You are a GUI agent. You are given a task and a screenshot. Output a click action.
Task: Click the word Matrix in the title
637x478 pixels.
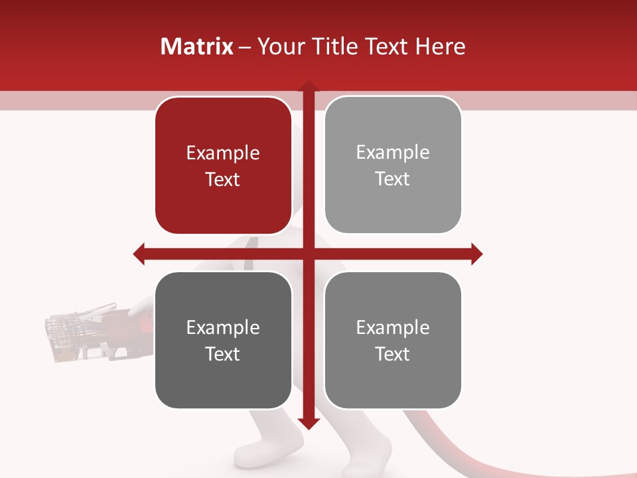pos(197,46)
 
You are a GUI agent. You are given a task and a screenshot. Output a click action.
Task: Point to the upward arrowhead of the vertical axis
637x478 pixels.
pos(308,86)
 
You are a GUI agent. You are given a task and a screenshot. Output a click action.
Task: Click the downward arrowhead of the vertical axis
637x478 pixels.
pos(308,424)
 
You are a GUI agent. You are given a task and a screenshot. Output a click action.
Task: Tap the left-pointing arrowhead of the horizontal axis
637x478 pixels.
pos(139,254)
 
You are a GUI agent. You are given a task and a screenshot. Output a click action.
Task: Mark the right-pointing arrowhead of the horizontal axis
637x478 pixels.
pos(476,254)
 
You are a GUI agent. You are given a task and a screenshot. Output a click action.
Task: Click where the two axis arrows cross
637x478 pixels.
pos(308,254)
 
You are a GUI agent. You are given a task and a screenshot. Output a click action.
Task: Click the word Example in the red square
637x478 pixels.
pos(223,153)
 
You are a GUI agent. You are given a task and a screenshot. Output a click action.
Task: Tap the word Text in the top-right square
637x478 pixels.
pos(392,179)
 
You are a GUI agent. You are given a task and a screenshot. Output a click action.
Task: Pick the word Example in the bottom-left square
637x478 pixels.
pos(223,327)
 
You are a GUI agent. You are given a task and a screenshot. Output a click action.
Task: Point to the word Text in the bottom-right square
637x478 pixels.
pos(392,354)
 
